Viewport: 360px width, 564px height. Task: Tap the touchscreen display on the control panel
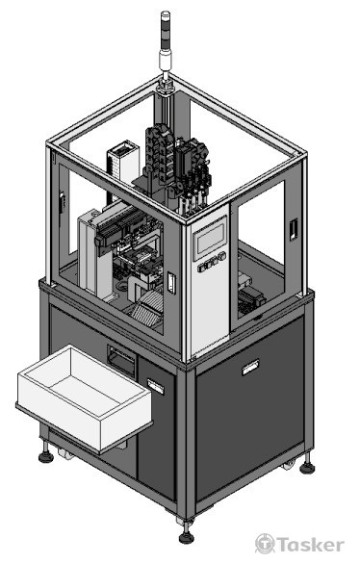(x=211, y=238)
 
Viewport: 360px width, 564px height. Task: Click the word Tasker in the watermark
(x=310, y=545)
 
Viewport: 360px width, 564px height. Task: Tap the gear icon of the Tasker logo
(x=265, y=544)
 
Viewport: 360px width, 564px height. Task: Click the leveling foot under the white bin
(x=46, y=454)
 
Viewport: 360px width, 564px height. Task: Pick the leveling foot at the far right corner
(x=307, y=465)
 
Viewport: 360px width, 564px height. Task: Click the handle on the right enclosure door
(x=294, y=229)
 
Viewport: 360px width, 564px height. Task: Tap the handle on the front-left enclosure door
(x=171, y=283)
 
